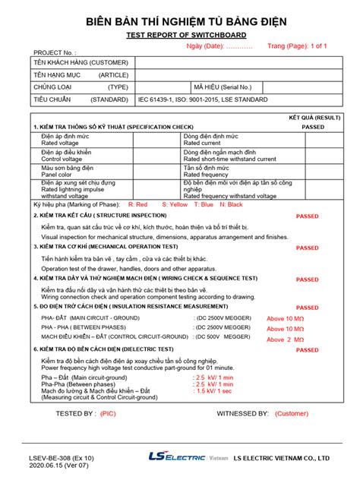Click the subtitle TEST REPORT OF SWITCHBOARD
pyautogui.click(x=180, y=35)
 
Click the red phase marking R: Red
pyautogui.click(x=138, y=204)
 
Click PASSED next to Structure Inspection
pyautogui.click(x=307, y=216)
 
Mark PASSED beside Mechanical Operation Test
pyautogui.click(x=307, y=248)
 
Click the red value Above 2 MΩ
pyautogui.click(x=284, y=339)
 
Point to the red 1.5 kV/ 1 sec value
pyautogui.click(x=214, y=391)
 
